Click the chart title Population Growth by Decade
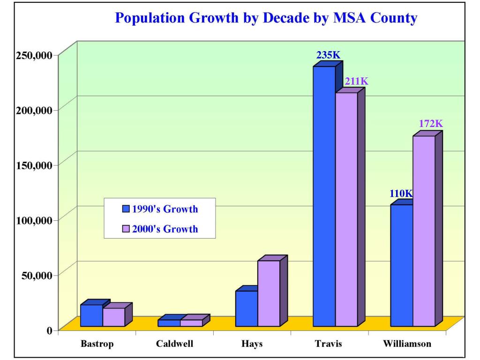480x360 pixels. tap(266, 18)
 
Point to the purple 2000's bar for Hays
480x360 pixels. tap(269, 293)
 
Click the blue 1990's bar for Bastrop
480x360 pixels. tap(91, 315)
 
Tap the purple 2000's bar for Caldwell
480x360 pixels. tap(191, 323)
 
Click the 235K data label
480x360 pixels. tap(329, 55)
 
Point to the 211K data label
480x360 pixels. tap(357, 82)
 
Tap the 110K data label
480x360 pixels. tap(401, 193)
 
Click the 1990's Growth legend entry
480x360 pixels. tap(159, 209)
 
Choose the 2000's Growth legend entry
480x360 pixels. tap(159, 229)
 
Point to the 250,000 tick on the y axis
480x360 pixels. tap(32, 55)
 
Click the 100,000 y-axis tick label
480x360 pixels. tap(32, 220)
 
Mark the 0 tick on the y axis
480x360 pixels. tap(49, 330)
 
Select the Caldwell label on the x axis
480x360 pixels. tap(174, 344)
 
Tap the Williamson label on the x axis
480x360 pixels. tap(407, 344)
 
